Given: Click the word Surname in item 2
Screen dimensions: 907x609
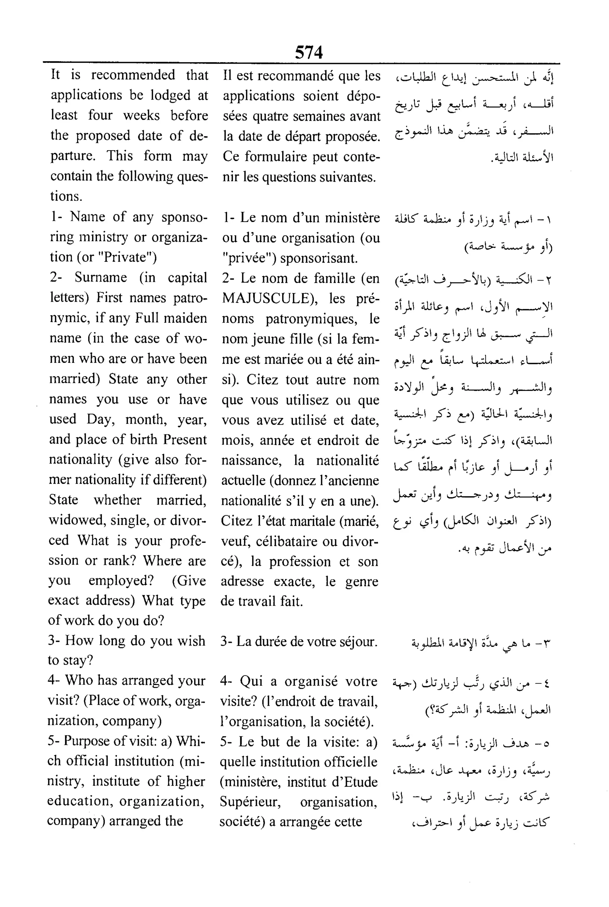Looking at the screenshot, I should tap(101, 277).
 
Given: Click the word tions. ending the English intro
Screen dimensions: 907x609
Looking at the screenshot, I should tap(66, 196).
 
